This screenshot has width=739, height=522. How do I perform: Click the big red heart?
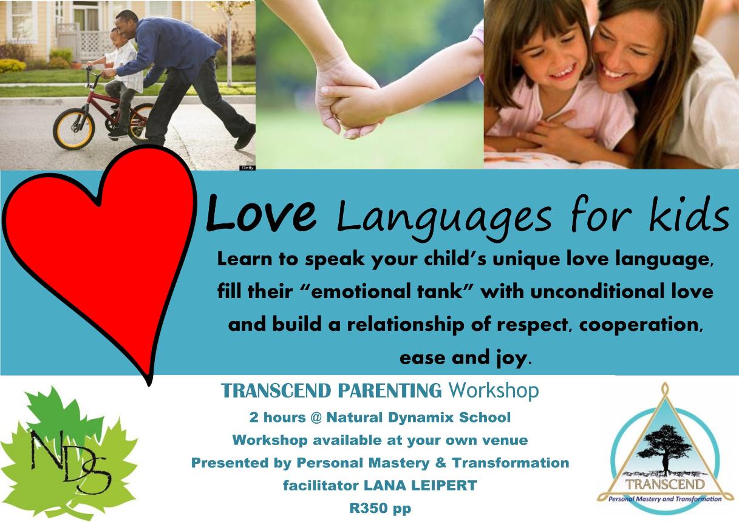[x=99, y=251]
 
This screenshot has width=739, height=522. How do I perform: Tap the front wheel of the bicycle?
[x=73, y=129]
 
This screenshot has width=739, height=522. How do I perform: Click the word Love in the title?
[x=261, y=212]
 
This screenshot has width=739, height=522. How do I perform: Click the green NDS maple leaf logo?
[x=69, y=452]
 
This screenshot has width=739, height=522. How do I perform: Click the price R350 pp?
[x=380, y=508]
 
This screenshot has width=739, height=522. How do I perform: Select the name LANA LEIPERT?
[x=420, y=485]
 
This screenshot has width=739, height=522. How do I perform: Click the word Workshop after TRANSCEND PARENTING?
[x=494, y=391]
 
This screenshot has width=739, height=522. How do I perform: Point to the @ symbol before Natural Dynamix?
[x=316, y=418]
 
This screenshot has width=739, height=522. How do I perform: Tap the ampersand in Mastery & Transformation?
[x=441, y=463]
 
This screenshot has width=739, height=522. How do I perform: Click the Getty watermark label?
[x=247, y=168]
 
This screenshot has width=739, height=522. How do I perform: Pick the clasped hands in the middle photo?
[x=350, y=102]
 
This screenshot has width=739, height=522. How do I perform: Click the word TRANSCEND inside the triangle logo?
[x=665, y=484]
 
